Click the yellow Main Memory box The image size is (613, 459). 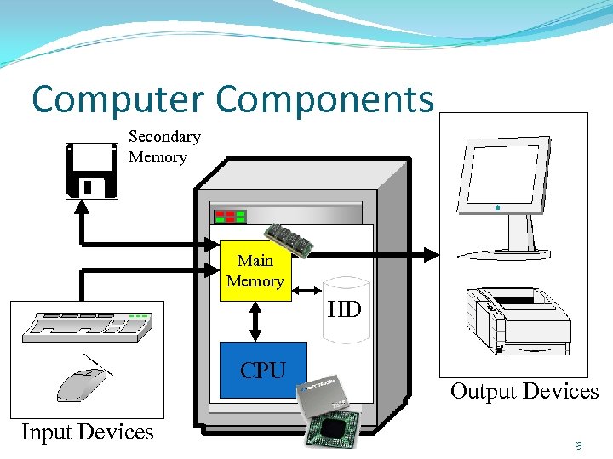tap(255, 271)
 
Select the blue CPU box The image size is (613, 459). tap(263, 370)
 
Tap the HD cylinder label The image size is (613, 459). tap(345, 309)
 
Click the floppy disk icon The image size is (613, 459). tap(92, 170)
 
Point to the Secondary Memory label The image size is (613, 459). tap(163, 146)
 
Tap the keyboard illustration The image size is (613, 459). tap(89, 326)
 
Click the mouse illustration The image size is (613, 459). tap(82, 381)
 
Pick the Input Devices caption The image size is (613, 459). tap(87, 432)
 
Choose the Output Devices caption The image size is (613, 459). tap(524, 391)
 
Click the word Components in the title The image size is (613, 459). tap(324, 99)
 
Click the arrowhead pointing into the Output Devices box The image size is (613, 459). tap(433, 253)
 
